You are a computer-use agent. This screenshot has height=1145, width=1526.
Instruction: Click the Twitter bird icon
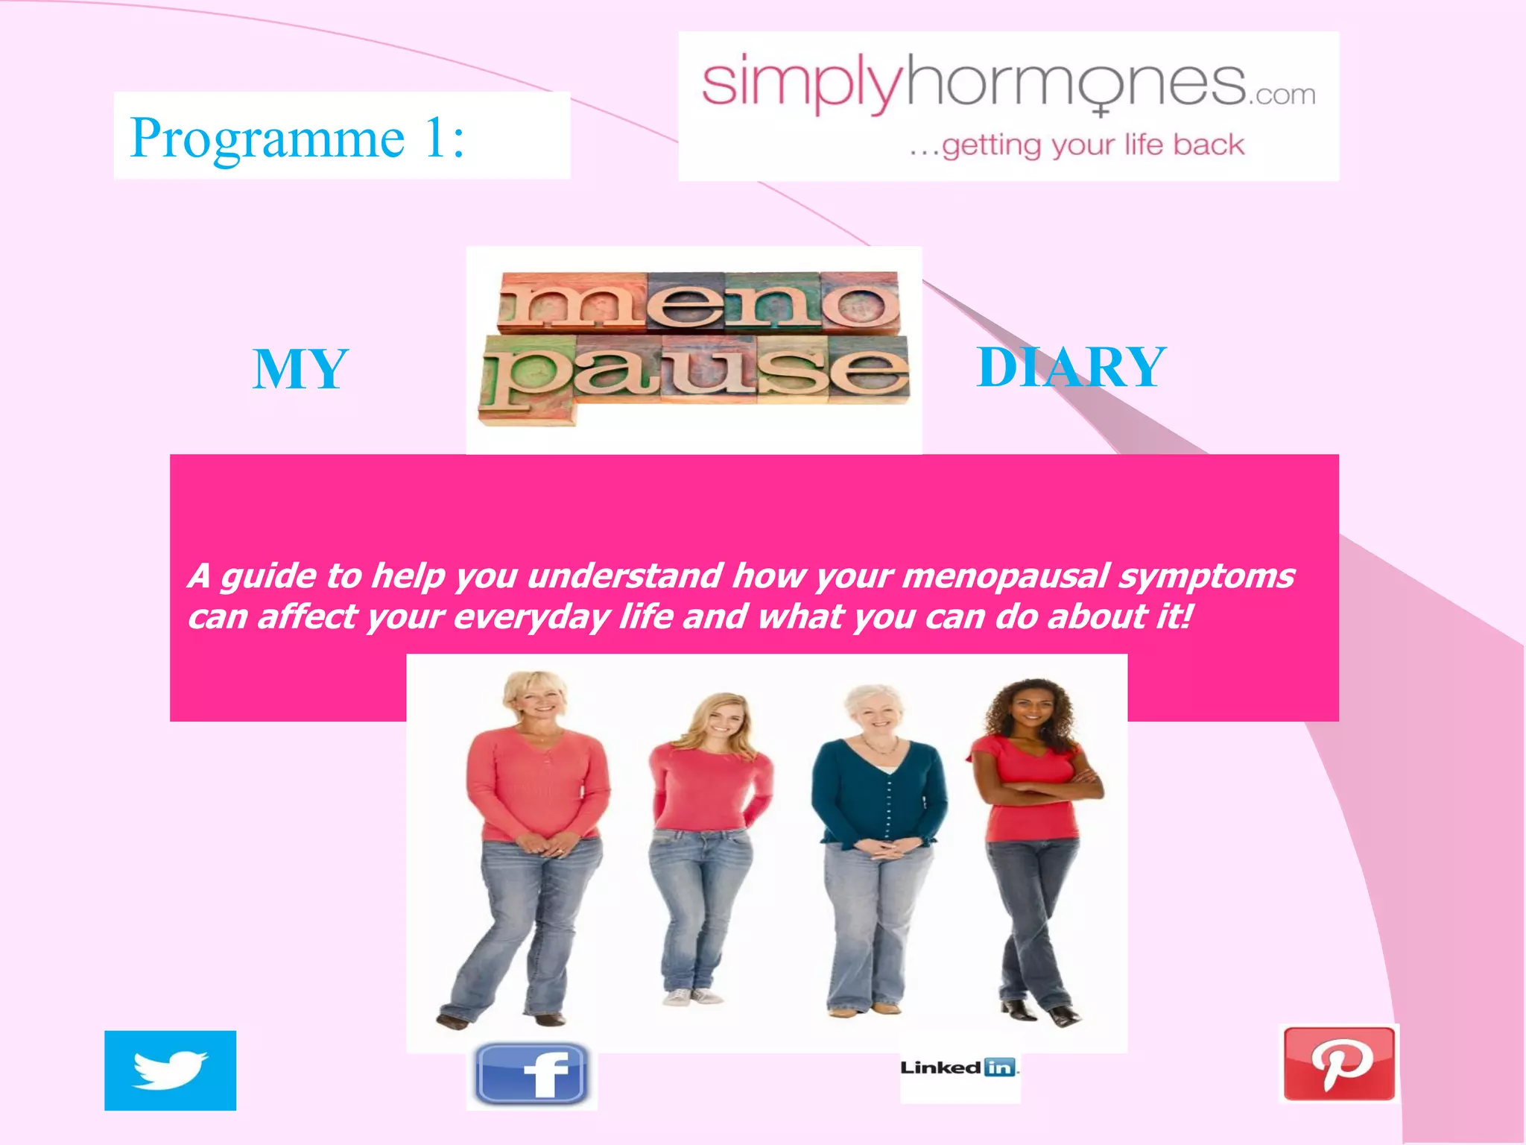(170, 1070)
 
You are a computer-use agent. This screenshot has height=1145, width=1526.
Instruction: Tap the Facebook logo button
(531, 1074)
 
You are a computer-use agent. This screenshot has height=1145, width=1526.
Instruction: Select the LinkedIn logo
(959, 1067)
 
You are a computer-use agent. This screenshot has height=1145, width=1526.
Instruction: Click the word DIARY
(1071, 368)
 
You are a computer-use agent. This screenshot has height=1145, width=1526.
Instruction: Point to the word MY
(300, 370)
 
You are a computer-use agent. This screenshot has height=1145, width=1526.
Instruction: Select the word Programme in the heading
(267, 138)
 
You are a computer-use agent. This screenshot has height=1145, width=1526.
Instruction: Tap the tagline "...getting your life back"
(1077, 145)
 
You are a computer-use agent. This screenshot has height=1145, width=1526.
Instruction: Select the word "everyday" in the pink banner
(531, 617)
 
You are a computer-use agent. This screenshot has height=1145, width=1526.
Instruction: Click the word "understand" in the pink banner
(624, 575)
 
